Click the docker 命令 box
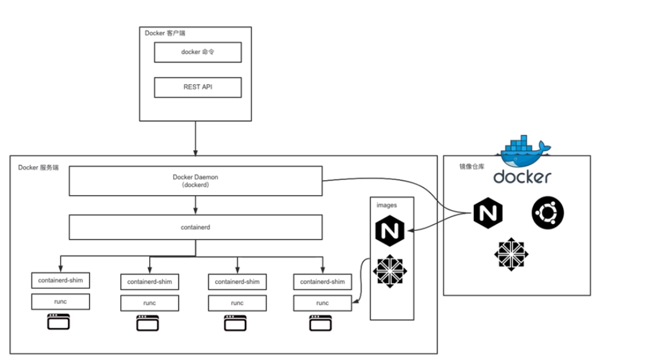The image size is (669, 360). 198,53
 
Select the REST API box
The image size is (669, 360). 198,87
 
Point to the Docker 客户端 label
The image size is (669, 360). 165,33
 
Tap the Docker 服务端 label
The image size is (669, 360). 38,167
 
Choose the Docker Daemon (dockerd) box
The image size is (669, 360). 195,181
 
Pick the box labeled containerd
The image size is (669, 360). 195,227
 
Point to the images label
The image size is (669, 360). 386,205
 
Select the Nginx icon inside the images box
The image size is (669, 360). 391,230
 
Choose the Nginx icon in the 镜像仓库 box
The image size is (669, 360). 488,213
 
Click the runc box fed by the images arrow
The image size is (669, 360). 322,303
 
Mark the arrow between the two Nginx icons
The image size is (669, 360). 441,222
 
